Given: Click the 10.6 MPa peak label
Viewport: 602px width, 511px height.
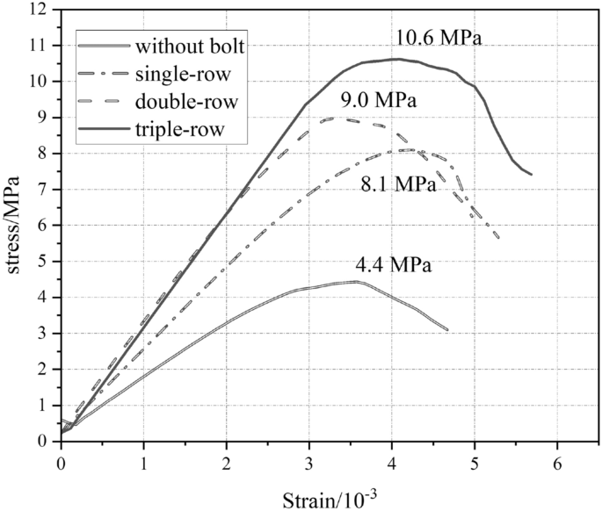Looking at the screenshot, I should point(439,39).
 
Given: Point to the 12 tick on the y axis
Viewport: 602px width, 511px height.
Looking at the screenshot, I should point(40,10).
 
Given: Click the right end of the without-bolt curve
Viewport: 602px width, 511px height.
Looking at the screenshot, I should point(447,330).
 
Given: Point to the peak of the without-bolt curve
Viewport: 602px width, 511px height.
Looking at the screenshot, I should point(357,282).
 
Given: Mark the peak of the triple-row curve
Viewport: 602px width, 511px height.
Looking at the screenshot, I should point(396,59).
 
